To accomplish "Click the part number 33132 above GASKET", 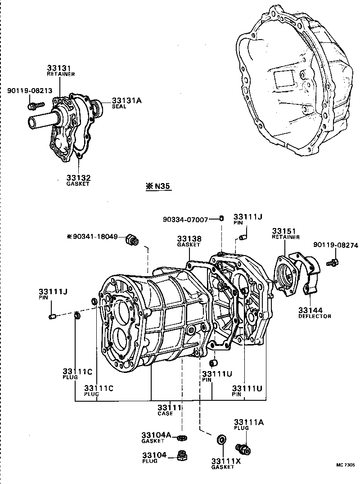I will click(x=78, y=177).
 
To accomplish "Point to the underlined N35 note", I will click(x=159, y=186).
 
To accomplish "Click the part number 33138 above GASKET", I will click(x=189, y=238).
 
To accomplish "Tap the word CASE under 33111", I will click(x=166, y=413).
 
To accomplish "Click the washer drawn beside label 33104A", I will click(x=182, y=437).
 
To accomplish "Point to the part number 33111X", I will click(x=226, y=461).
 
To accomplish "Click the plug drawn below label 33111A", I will click(x=243, y=448).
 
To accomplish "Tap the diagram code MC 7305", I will click(x=344, y=466).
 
